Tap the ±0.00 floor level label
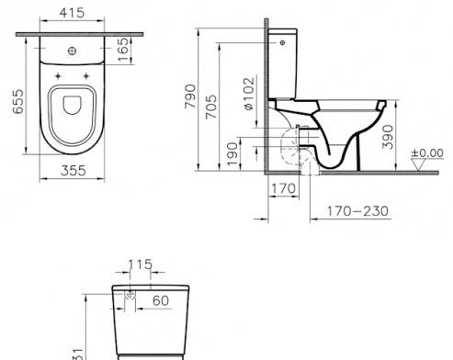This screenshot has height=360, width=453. (426, 152)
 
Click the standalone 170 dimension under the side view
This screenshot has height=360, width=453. (282, 189)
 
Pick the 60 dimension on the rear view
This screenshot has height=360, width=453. (160, 298)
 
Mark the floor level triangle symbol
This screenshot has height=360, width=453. (421, 165)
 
